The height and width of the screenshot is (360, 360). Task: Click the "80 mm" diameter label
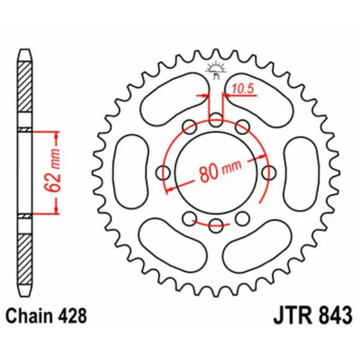[x=217, y=173]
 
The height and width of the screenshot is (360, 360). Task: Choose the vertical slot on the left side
[x=133, y=173]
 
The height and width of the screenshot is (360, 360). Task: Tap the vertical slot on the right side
[x=299, y=173]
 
